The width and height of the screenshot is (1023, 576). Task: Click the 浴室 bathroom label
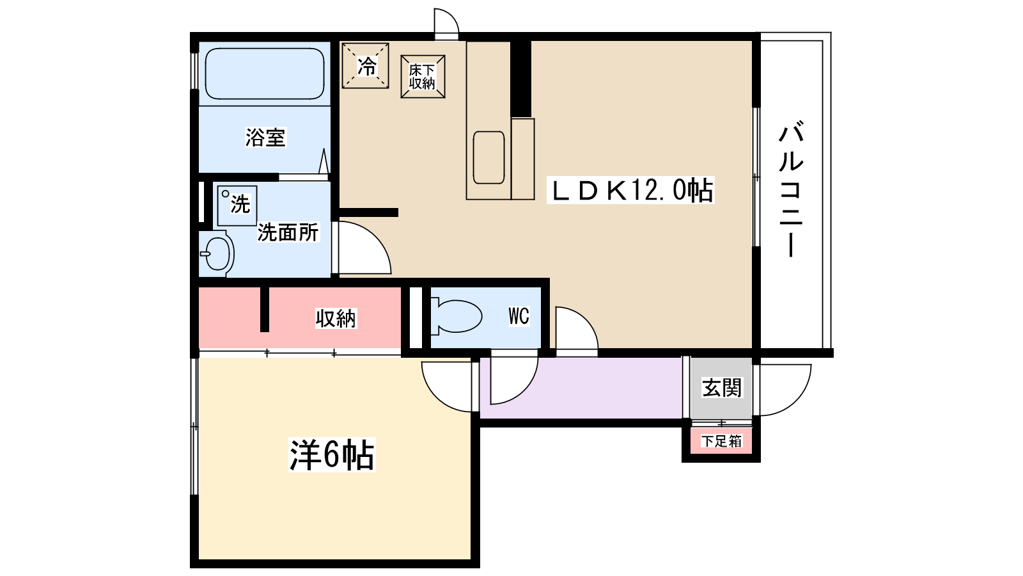click(x=265, y=137)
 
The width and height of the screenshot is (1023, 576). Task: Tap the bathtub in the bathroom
click(x=264, y=74)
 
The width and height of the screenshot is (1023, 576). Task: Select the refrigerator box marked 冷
click(x=366, y=65)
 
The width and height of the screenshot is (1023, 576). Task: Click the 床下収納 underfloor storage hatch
click(x=423, y=77)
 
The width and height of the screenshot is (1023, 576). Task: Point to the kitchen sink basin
click(x=489, y=157)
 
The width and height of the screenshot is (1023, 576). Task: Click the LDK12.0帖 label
click(x=630, y=190)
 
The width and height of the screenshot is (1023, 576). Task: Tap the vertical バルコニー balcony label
click(x=791, y=189)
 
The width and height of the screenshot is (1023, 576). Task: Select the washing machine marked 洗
click(x=237, y=205)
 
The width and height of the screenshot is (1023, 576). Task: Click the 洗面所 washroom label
click(x=288, y=232)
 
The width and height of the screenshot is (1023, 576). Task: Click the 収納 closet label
click(x=336, y=318)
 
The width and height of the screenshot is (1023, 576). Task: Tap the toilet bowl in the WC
click(x=455, y=316)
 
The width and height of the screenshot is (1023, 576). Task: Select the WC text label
click(x=519, y=316)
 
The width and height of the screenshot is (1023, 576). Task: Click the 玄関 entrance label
click(x=722, y=388)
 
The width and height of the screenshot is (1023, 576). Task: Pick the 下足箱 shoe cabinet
click(x=721, y=441)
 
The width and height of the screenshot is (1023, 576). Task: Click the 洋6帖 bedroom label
click(x=332, y=455)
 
